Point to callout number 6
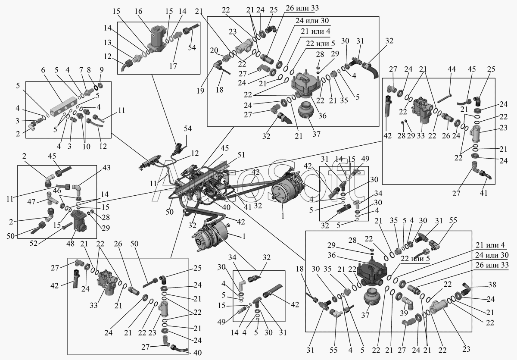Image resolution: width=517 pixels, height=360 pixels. tap(43, 70)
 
